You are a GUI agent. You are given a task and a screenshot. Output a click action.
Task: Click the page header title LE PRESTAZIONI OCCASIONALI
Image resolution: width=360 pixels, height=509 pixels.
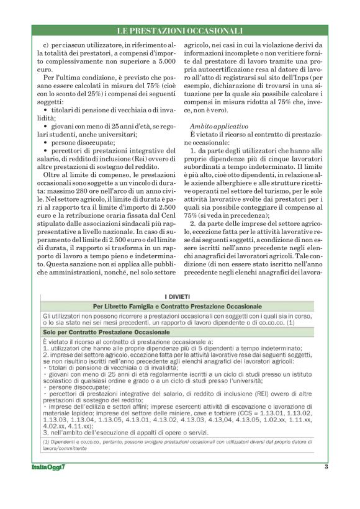(180, 30)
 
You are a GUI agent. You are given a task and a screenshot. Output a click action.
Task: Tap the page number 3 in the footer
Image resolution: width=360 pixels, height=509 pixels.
(325, 484)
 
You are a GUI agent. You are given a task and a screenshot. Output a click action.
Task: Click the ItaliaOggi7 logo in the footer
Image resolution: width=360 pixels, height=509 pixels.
(49, 485)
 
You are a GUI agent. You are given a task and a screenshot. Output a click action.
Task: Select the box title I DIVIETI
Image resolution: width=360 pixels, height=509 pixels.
(179, 297)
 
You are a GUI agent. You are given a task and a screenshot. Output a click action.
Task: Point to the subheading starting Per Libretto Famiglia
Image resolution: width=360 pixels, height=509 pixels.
(178, 307)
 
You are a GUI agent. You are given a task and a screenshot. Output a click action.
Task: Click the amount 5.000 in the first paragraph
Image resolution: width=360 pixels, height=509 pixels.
(153, 63)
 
